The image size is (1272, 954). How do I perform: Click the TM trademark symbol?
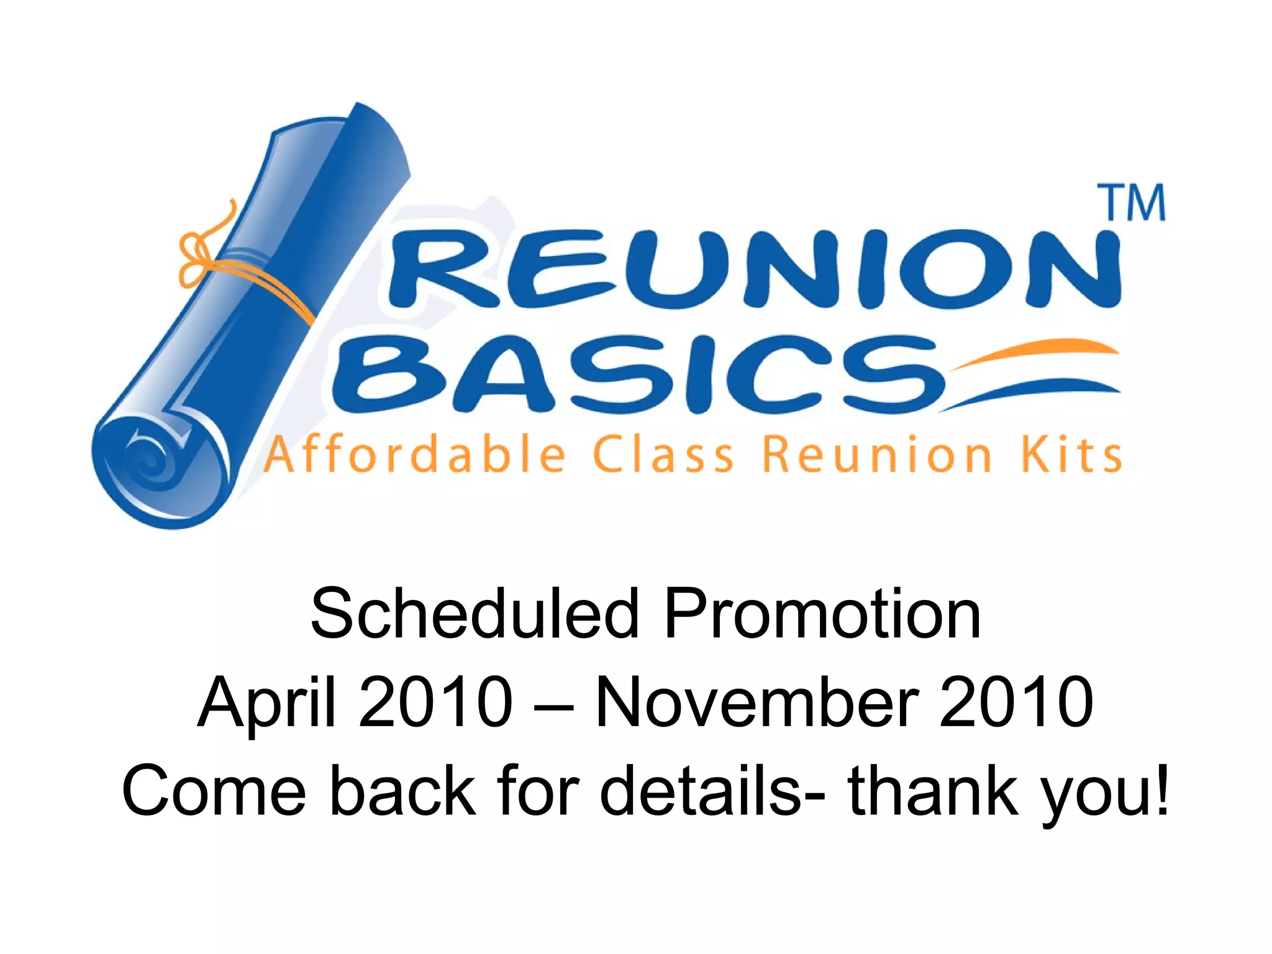[1134, 203]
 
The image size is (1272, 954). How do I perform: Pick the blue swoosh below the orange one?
[1031, 391]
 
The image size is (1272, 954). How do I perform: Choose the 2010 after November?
[1016, 702]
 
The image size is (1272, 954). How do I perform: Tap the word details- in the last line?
[712, 791]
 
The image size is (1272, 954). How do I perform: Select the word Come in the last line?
[215, 791]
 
